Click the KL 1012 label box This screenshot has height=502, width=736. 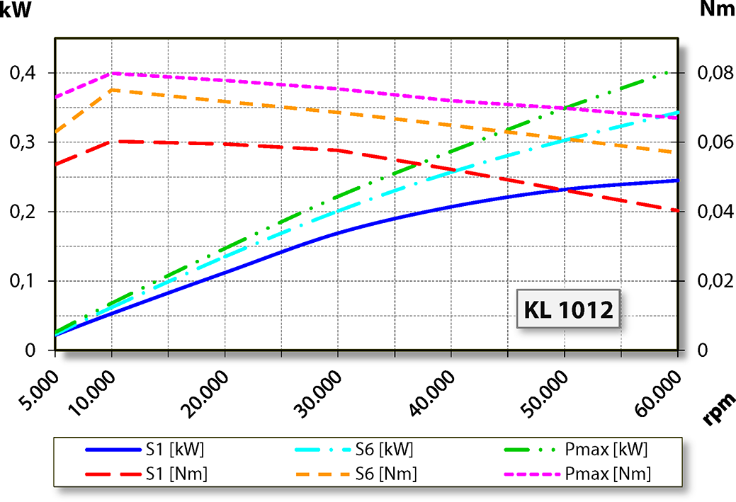568,309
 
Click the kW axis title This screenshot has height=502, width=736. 16,10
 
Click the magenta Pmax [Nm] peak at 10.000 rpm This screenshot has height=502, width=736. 112,73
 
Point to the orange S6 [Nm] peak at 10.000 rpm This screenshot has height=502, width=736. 112,90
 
